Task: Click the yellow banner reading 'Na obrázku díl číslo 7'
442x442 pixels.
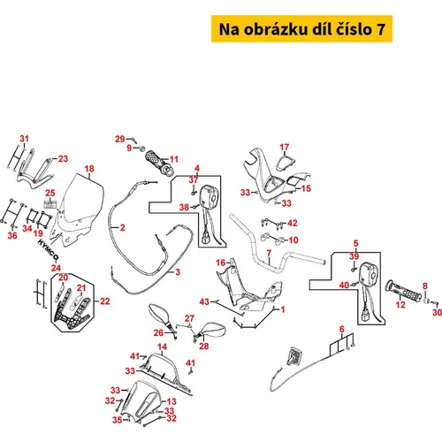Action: click(301, 29)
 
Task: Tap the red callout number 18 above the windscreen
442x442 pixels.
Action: click(89, 169)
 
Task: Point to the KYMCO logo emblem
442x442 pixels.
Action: click(49, 250)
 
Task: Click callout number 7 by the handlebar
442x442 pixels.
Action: click(269, 253)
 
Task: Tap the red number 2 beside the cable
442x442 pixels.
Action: click(122, 228)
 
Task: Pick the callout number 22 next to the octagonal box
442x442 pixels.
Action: click(105, 301)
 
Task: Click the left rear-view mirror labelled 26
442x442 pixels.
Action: click(163, 316)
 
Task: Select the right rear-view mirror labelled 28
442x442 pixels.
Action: click(210, 331)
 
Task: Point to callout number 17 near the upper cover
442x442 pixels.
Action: click(285, 147)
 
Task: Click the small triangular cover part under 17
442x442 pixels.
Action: click(286, 164)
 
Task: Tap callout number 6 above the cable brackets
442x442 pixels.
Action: click(342, 329)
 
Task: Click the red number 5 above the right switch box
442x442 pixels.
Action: click(356, 243)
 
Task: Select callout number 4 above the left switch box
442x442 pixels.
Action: click(197, 169)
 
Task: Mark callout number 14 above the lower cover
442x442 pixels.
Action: click(163, 347)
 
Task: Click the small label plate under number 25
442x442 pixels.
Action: click(50, 204)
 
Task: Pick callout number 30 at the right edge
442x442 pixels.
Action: click(438, 312)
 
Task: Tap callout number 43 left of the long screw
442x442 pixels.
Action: click(204, 301)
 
